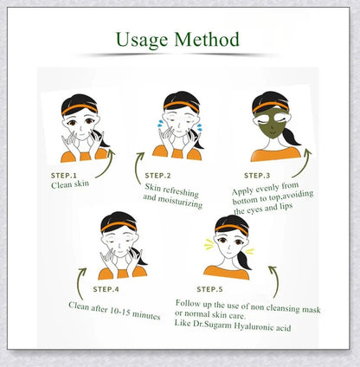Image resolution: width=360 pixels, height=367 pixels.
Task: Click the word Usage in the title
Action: (x=142, y=39)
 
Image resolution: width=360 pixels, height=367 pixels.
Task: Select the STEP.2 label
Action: (x=161, y=176)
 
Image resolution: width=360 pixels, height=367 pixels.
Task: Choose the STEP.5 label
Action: (x=214, y=288)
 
